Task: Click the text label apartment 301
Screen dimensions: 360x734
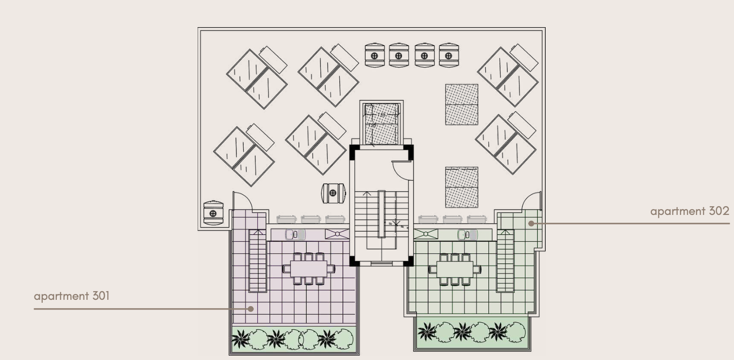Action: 71,295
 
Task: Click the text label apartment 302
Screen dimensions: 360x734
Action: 689,211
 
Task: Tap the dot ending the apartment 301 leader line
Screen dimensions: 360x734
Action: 250,308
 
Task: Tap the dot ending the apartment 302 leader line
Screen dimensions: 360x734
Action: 531,223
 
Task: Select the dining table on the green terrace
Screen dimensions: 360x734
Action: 454,268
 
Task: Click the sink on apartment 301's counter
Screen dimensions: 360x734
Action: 295,234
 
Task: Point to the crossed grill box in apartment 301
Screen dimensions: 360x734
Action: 337,234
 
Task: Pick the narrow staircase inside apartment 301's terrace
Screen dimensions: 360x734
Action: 258,261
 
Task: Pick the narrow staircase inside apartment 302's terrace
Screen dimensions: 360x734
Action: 505,261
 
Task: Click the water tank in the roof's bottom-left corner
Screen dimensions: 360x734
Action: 213,213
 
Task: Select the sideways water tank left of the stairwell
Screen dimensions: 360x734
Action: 334,193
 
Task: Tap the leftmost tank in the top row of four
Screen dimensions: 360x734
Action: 374,55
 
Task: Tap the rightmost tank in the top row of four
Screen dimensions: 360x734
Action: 449,55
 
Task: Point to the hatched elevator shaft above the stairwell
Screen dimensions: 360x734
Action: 381,124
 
